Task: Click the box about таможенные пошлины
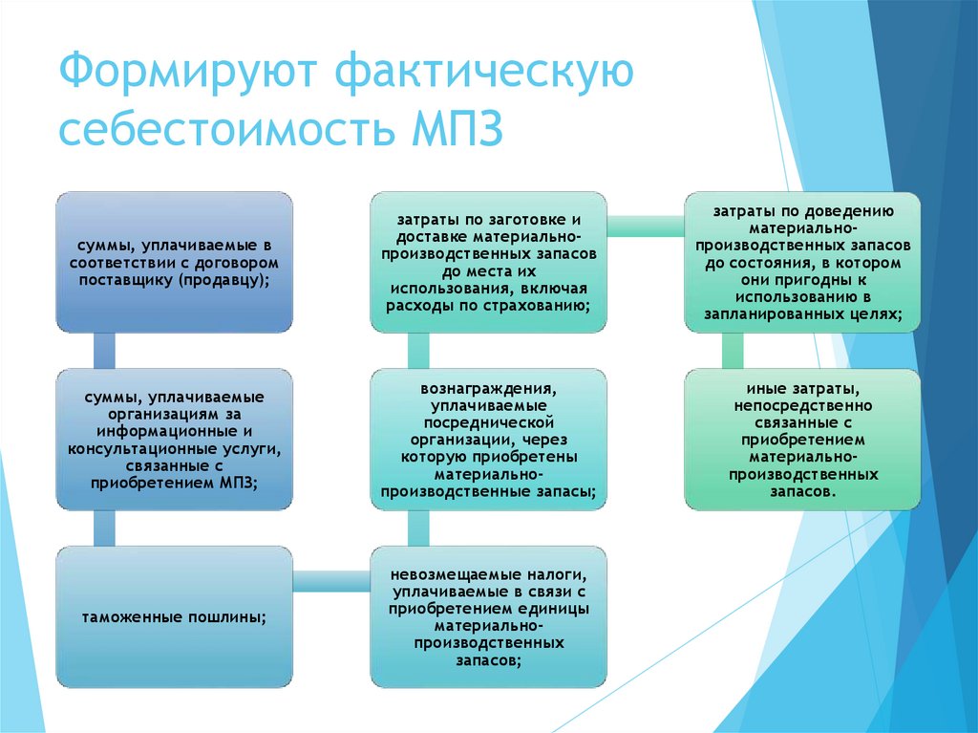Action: click(x=174, y=616)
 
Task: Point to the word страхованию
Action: click(x=544, y=306)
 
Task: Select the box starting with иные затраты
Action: click(x=802, y=440)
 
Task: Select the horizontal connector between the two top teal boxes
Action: click(x=645, y=226)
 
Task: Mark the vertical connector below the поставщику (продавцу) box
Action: click(x=104, y=350)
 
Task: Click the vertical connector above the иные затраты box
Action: click(x=733, y=350)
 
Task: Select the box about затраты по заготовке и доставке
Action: click(x=488, y=262)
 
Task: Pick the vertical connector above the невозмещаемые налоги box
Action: click(x=417, y=528)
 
